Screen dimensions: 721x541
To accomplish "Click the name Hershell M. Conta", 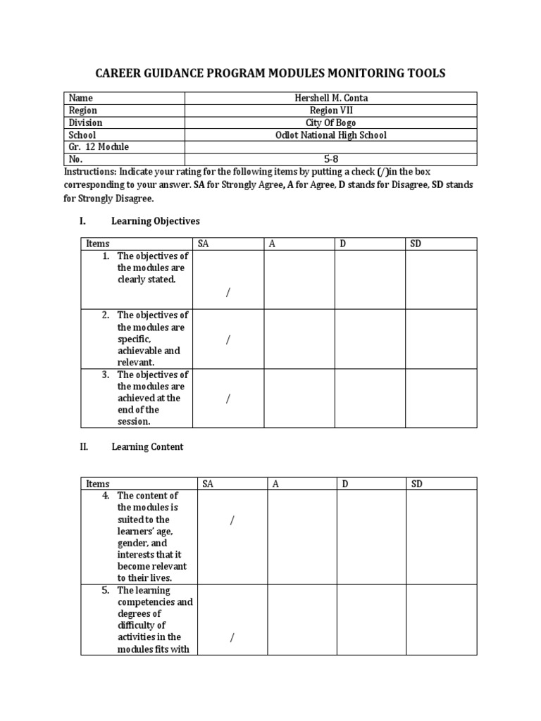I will click(x=330, y=98).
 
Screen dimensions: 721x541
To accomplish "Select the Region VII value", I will click(x=330, y=111).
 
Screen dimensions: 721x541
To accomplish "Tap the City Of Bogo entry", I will click(x=330, y=123).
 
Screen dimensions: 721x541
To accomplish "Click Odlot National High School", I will click(x=330, y=135).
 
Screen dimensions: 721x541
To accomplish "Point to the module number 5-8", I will click(x=330, y=159).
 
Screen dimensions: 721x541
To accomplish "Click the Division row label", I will click(x=85, y=123).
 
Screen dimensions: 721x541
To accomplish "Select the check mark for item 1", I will click(x=228, y=293).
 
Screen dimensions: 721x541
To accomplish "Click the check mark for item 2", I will click(x=228, y=340).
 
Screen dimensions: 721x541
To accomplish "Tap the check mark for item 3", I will click(x=228, y=399).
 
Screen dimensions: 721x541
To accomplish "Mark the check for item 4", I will click(x=232, y=520).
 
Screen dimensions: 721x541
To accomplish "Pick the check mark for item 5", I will click(x=232, y=638).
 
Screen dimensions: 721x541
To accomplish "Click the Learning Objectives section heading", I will click(x=155, y=221).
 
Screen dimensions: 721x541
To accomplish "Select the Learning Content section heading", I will click(x=147, y=447).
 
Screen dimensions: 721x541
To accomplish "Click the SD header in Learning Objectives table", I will click(x=416, y=244).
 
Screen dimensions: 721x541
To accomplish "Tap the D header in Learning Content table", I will click(x=346, y=484).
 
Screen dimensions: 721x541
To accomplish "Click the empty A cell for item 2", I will click(x=299, y=339).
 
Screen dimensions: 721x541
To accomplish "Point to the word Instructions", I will click(x=89, y=172).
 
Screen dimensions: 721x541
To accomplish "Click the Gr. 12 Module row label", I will click(x=99, y=147).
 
